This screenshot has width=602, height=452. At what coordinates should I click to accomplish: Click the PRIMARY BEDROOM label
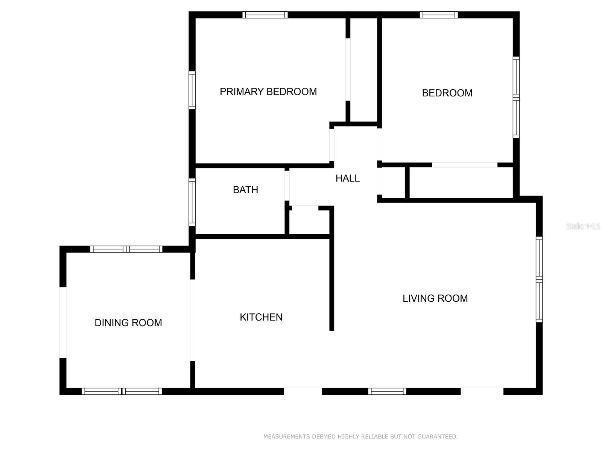pos(268,92)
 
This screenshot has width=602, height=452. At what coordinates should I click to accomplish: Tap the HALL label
pos(347,179)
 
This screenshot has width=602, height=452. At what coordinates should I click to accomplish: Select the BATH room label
pos(245,189)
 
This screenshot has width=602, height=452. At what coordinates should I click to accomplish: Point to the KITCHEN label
pos(261,317)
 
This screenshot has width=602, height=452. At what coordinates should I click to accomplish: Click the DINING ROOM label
pos(128,322)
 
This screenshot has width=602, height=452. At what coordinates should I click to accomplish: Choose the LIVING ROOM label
pos(435,298)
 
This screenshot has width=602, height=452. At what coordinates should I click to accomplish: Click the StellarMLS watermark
pos(583,226)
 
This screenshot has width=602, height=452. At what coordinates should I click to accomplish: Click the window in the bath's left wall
pos(192,202)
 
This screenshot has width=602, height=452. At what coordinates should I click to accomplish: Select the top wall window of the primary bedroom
pos(265,15)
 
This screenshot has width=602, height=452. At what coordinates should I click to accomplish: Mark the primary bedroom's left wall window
pos(192,90)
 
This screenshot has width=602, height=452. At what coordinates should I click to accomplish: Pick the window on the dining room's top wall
pos(126,249)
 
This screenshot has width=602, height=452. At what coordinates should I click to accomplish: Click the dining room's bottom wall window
pos(122,391)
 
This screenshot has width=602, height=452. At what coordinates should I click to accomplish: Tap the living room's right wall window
pos(539,279)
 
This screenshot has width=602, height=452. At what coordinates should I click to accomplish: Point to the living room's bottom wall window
pos(387,391)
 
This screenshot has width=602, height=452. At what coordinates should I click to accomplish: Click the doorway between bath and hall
pos(287,186)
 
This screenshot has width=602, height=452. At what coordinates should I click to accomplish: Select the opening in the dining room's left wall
pos(63,322)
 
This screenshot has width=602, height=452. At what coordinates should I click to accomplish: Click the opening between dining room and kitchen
pos(193,320)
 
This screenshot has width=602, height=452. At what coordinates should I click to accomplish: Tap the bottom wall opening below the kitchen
pos(303,391)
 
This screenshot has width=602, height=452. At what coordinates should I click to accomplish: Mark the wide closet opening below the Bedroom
pos(465,165)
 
